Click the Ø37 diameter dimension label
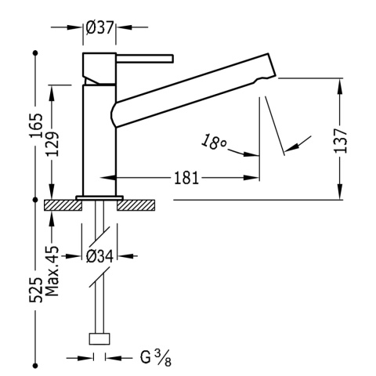[x=100, y=27]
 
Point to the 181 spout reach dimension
[x=185, y=178]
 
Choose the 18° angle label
[x=213, y=143]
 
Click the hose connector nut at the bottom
[x=99, y=338]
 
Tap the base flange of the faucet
[x=99, y=197]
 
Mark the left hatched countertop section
[x=63, y=205]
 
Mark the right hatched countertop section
[x=136, y=205]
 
